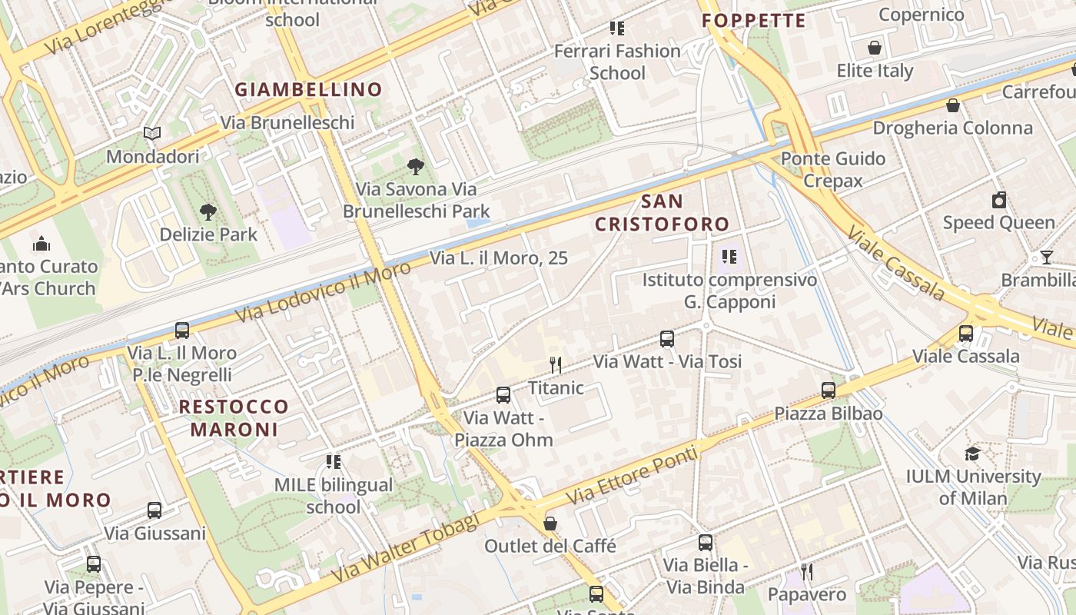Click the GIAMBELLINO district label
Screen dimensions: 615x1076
pyautogui.click(x=308, y=89)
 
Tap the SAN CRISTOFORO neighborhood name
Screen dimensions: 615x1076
pyautogui.click(x=662, y=213)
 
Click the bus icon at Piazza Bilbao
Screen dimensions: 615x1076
pyautogui.click(x=828, y=391)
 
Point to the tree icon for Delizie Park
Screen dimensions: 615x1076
pyautogui.click(x=208, y=211)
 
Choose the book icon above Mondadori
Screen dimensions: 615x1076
pyautogui.click(x=152, y=134)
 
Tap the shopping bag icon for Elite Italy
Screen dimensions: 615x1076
pyautogui.click(x=875, y=48)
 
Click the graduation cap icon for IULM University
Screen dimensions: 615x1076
pyautogui.click(x=972, y=454)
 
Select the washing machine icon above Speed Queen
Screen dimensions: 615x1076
pyautogui.click(x=998, y=201)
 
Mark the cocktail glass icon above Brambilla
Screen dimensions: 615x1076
pyautogui.click(x=1046, y=257)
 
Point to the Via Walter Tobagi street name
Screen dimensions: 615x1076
pyautogui.click(x=405, y=547)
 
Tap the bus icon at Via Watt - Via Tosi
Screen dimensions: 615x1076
pyautogui.click(x=666, y=339)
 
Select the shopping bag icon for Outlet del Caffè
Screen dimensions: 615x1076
pyautogui.click(x=550, y=524)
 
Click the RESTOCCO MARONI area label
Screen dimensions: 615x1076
pyautogui.click(x=234, y=417)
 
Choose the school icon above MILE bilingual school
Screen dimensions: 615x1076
pyautogui.click(x=334, y=462)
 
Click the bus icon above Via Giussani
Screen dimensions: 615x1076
pyautogui.click(x=154, y=510)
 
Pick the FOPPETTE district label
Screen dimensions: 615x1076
pyautogui.click(x=754, y=21)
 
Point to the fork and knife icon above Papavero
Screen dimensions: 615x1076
pyautogui.click(x=807, y=572)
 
